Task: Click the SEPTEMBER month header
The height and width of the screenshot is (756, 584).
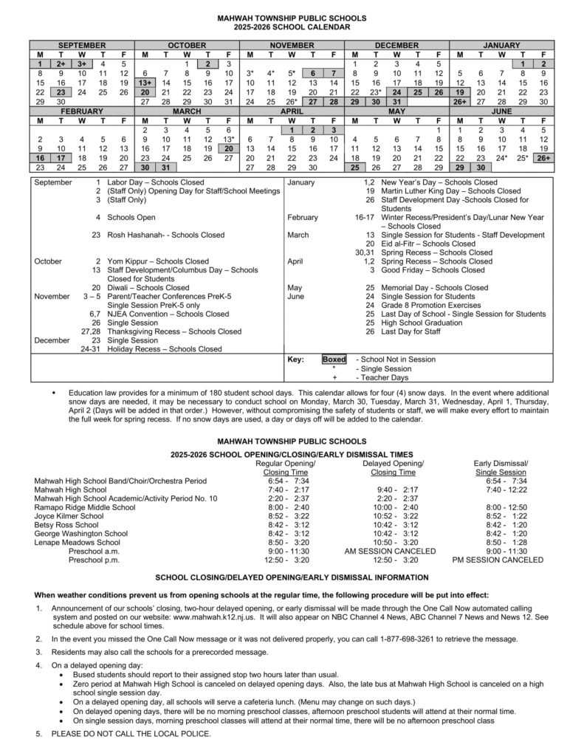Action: [81, 45]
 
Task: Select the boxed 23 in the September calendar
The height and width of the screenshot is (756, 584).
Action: [61, 92]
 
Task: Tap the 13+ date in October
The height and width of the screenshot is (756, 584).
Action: [145, 83]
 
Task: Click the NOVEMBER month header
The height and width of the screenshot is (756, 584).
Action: [292, 45]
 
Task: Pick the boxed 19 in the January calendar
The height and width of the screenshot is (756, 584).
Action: [460, 92]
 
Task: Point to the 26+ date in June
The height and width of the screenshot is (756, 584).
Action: [543, 157]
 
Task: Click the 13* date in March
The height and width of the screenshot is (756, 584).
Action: [229, 139]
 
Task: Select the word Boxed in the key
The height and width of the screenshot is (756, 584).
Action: [334, 360]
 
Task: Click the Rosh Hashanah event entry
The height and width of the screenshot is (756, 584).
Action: [165, 235]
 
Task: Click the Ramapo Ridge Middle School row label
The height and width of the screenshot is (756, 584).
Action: [85, 507]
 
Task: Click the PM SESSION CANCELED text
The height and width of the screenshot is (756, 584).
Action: [496, 560]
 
